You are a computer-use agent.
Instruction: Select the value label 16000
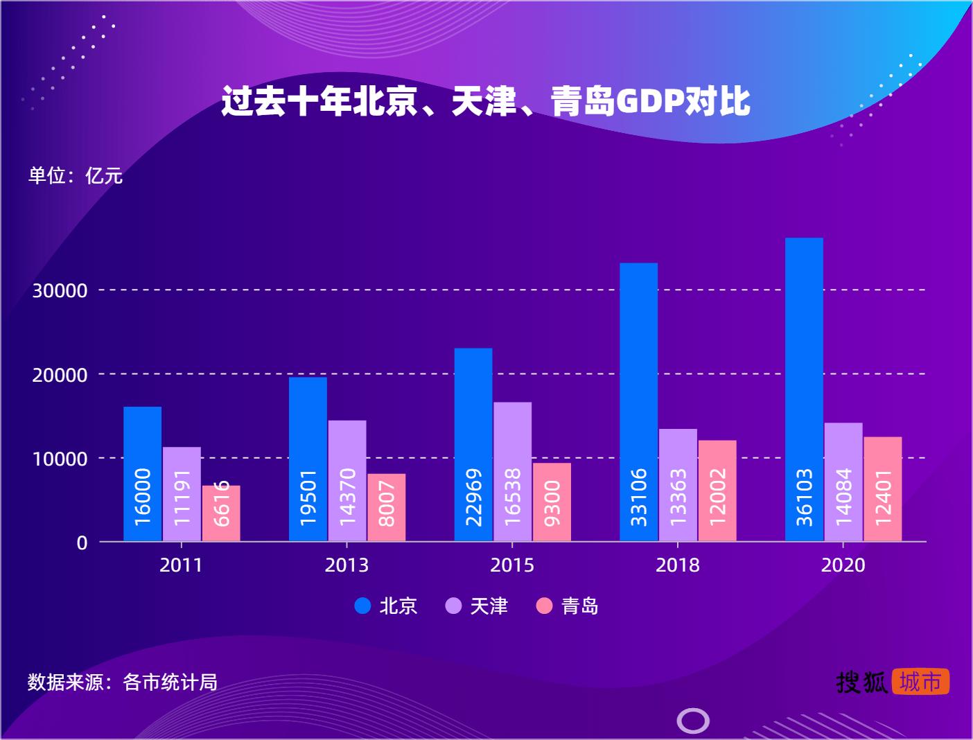point(142,496)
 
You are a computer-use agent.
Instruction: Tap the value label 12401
point(883,496)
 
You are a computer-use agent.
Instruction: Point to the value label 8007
point(387,504)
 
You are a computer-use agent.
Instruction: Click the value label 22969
point(473,496)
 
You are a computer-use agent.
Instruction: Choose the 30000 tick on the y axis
point(60,291)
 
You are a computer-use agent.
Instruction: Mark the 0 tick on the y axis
point(82,543)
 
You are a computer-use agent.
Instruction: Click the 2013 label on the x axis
point(347,565)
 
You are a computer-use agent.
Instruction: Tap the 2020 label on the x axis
point(843,565)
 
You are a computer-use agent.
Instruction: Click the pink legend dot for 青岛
point(545,606)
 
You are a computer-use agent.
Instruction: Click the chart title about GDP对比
point(486,102)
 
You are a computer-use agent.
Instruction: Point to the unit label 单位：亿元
point(75,175)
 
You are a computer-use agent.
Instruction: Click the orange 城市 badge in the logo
point(920,682)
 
